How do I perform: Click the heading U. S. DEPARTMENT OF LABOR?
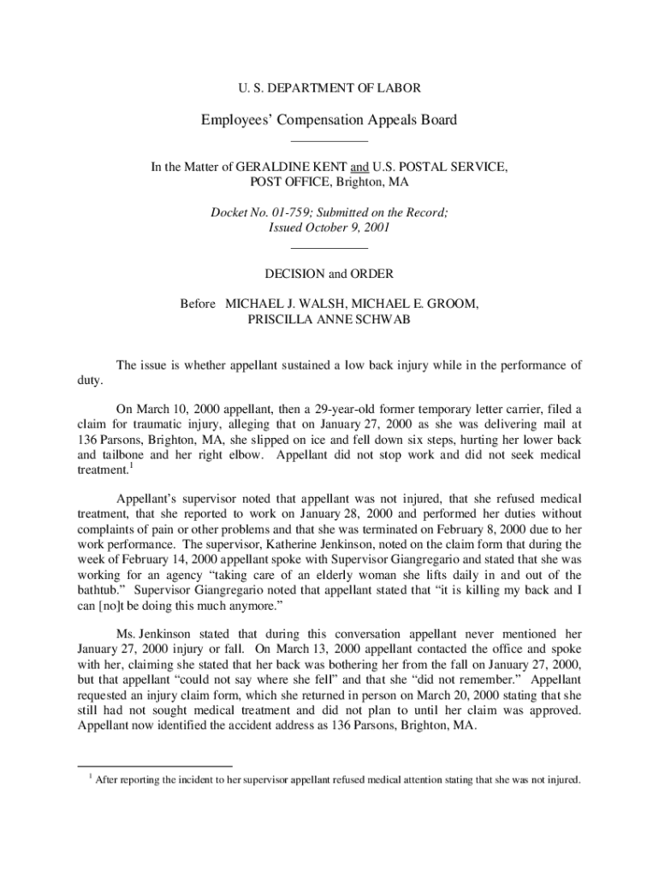click(329, 87)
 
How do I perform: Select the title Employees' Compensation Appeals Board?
click(329, 120)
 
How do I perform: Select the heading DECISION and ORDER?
click(329, 275)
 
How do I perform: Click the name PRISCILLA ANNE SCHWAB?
click(329, 320)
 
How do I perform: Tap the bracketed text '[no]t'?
click(114, 606)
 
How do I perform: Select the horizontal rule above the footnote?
click(154, 765)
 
